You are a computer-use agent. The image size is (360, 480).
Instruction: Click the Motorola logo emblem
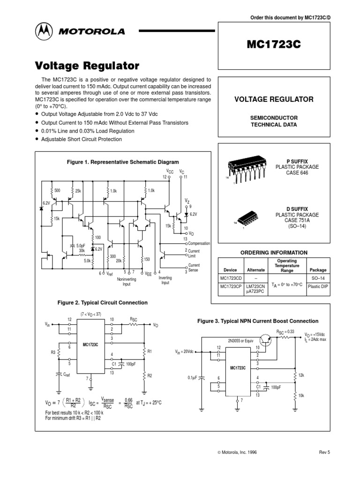tap(43, 32)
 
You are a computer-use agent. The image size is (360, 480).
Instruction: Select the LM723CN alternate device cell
tap(255, 287)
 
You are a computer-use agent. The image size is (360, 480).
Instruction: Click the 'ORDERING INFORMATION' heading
tap(274, 253)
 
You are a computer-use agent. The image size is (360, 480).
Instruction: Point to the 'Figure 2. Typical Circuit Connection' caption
tap(102, 303)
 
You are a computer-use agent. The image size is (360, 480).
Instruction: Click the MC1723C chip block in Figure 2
tap(90, 345)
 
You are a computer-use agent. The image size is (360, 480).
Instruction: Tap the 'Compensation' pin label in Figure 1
tap(200, 244)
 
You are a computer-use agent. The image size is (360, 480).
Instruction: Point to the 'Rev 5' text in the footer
tap(324, 452)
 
